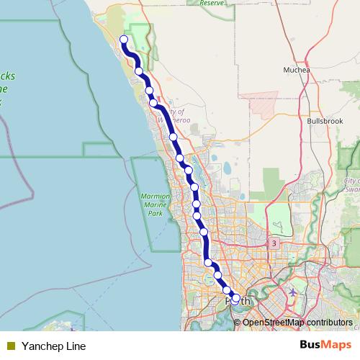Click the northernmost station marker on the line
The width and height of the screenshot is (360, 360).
[x=124, y=40]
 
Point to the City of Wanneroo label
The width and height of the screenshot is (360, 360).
[x=174, y=116]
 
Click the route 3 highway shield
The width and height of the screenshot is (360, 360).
[x=274, y=243]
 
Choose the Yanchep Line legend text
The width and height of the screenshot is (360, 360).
[x=54, y=346]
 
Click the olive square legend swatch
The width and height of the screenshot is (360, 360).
[x=10, y=346]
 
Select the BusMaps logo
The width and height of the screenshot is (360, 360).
[x=327, y=346]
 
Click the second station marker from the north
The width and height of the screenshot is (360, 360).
[x=138, y=71]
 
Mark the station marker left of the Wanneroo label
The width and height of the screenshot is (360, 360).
[x=153, y=103]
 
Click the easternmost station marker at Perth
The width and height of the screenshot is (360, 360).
[x=235, y=298]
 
